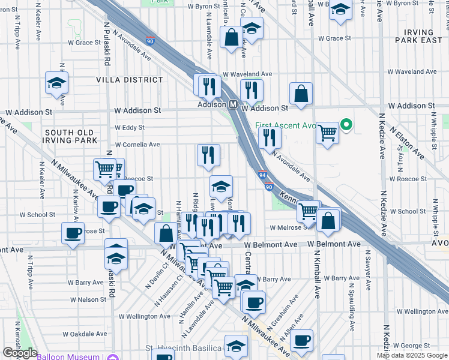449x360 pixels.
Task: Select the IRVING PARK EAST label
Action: tap(418, 36)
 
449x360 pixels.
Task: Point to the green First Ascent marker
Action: tap(346, 125)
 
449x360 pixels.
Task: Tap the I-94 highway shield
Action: tap(263, 175)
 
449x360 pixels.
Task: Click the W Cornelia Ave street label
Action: tap(137, 145)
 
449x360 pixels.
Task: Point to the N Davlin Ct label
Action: tap(154, 278)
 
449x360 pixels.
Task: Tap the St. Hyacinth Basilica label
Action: tap(184, 349)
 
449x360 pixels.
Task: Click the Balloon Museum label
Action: tap(68, 357)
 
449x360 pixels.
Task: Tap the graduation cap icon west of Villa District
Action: tap(57, 83)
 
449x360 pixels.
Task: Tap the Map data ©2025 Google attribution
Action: tap(412, 355)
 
